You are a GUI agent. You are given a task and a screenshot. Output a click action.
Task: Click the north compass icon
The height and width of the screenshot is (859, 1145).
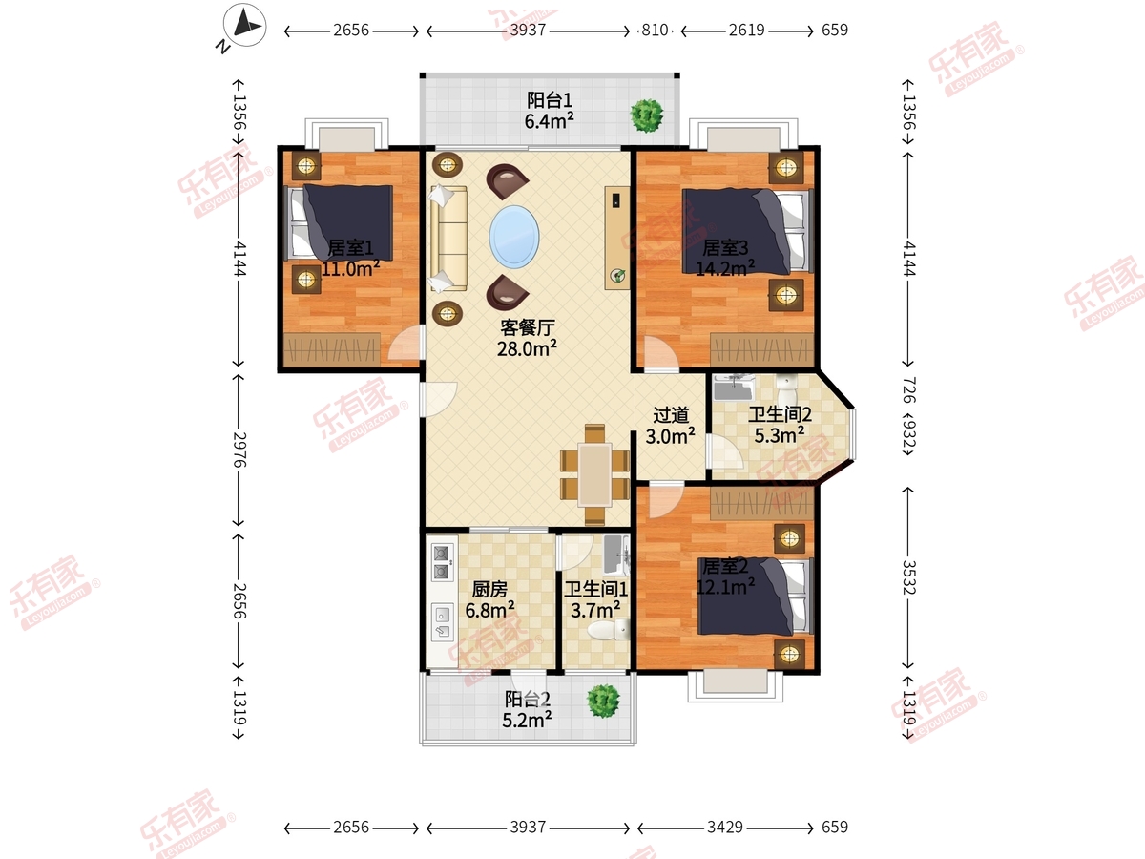coord(244,25)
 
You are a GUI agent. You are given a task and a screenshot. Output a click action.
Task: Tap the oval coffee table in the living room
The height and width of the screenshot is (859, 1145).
coord(514,237)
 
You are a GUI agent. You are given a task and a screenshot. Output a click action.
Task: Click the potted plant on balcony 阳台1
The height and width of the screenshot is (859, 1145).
coord(647,115)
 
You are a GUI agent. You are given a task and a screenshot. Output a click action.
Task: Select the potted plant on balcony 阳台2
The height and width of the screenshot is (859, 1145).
coord(603,701)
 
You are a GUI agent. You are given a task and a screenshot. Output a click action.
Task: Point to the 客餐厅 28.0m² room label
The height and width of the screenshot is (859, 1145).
coord(527,338)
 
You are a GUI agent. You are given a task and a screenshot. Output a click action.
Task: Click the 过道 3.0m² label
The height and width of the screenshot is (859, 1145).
coord(671,426)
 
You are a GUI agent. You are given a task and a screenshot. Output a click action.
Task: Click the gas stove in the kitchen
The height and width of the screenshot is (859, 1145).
coord(442,562)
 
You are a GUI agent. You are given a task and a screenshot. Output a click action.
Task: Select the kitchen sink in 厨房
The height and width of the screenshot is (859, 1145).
coord(443,621)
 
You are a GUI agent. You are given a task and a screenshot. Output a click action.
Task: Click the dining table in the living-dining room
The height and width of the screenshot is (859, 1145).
coord(594,474)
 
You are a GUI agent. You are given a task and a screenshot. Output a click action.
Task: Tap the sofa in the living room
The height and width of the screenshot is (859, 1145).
coord(448,238)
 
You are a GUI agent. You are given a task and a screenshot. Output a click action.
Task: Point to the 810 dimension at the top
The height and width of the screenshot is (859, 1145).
coord(655,31)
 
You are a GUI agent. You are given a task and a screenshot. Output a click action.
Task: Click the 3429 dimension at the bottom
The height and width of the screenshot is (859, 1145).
coord(724,827)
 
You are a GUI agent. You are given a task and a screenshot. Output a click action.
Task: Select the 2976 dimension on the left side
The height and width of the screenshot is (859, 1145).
coord(239,449)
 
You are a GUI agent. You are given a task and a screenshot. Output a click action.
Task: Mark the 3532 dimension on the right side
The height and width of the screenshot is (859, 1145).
coord(908,576)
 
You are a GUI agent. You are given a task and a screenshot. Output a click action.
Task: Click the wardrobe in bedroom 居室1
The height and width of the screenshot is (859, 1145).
coord(332,347)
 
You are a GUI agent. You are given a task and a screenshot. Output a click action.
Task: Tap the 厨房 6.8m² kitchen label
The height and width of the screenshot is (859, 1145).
coord(489,599)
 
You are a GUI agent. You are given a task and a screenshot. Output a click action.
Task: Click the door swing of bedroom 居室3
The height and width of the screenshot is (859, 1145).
coord(661,353)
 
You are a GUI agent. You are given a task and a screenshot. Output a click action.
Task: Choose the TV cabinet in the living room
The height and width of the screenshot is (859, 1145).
coord(617,238)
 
